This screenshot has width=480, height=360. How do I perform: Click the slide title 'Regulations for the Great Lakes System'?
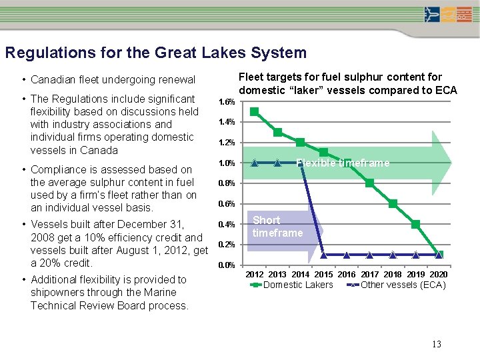pyautogui.click(x=155, y=53)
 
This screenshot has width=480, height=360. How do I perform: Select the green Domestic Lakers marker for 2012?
pyautogui.click(x=254, y=112)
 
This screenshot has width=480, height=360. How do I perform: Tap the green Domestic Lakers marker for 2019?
pyautogui.click(x=415, y=224)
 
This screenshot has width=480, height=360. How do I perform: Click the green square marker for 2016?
pyautogui.click(x=347, y=163)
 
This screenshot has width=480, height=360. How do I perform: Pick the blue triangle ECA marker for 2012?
pyautogui.click(x=254, y=162)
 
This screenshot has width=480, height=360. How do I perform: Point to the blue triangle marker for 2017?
pyautogui.click(x=369, y=255)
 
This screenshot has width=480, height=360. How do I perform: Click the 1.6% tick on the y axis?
pyautogui.click(x=227, y=102)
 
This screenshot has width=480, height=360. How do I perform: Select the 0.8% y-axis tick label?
pyautogui.click(x=227, y=183)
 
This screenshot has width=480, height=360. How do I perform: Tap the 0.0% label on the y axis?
pyautogui.click(x=227, y=265)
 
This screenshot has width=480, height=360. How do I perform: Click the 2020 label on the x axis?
pyautogui.click(x=438, y=275)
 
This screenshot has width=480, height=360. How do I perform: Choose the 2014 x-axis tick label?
pyautogui.click(x=301, y=275)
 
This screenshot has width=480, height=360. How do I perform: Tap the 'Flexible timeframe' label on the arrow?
pyautogui.click(x=343, y=163)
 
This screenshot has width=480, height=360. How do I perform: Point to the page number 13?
pyautogui.click(x=437, y=344)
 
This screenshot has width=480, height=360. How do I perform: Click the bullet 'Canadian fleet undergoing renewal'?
pyautogui.click(x=113, y=79)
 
